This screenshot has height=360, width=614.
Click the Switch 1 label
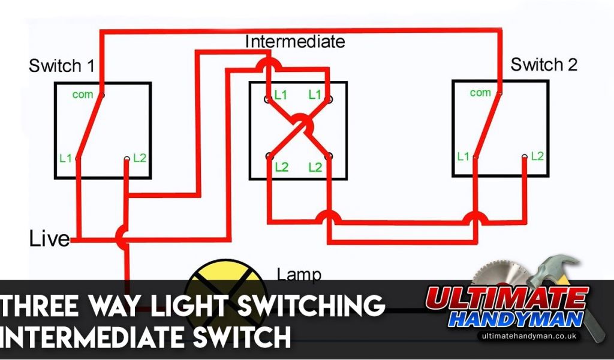point(61,65)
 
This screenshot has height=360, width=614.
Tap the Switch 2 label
point(543,64)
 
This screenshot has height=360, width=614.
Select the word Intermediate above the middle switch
point(295,41)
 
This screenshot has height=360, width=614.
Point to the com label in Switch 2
point(480,92)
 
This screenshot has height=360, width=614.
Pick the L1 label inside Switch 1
point(66,158)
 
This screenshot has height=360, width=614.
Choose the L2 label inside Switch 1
point(140,158)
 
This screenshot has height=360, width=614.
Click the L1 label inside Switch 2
point(463,157)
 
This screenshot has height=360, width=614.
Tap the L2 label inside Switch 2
point(537,156)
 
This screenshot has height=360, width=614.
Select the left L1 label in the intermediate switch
point(281,95)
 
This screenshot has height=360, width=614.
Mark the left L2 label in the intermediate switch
point(281,167)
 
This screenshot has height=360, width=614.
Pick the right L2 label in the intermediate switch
point(315,167)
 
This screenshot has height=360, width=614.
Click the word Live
point(49,239)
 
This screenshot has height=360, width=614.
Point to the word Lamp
point(299,275)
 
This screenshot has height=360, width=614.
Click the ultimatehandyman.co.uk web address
point(528,336)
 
